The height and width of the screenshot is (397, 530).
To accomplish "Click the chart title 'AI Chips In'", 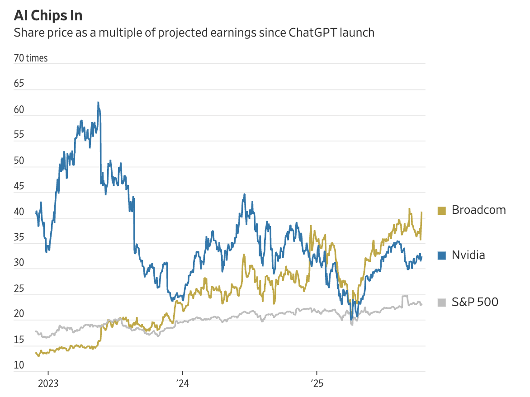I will tap(48, 15).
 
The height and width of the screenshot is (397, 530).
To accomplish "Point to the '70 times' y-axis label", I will tap(31, 58).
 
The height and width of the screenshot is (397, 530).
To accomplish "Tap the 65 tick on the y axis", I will tap(19, 84).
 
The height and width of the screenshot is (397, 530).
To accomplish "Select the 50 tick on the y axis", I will tap(19, 161).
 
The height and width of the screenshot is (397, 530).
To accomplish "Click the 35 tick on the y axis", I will tap(19, 238).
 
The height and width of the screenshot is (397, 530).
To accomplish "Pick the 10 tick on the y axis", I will tap(19, 366).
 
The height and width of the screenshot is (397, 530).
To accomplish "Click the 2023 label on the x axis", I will tap(47, 384).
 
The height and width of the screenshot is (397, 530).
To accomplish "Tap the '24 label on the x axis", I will tap(182, 384).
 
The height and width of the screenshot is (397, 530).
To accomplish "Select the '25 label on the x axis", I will tap(316, 384).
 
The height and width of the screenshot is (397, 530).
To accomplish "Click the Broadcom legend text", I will tap(478, 210).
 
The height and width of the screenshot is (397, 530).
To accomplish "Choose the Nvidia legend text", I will tap(468, 255).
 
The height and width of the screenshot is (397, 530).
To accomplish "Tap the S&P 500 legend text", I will tap(475, 302).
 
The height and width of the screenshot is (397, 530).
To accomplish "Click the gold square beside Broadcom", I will tap(442, 210).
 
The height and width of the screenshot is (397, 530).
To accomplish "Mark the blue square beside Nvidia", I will tap(442, 255).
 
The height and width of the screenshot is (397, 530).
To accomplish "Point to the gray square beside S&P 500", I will tap(442, 302).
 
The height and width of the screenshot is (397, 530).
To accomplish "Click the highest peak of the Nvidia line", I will tap(98, 103).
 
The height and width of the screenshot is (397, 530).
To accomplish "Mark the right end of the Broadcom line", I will tap(422, 212).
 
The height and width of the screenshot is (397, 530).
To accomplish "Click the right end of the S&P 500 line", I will tap(422, 304).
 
